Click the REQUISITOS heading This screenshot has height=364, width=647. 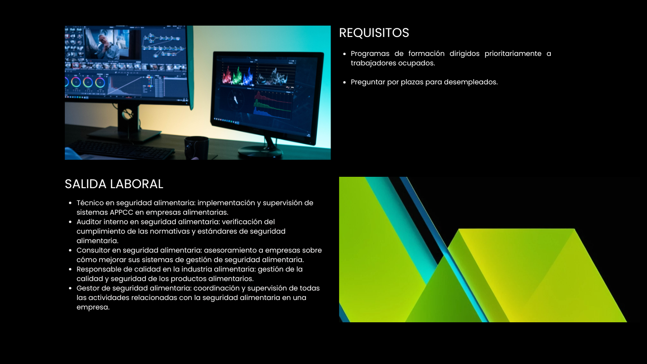point(374,33)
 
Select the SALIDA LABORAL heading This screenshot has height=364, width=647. point(114,184)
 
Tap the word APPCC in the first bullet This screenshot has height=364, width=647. point(121,212)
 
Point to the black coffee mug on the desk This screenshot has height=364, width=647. point(197,147)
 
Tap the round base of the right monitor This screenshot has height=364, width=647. point(260,152)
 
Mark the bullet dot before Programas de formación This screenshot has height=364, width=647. point(344,54)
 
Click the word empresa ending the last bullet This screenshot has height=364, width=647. point(92,307)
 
